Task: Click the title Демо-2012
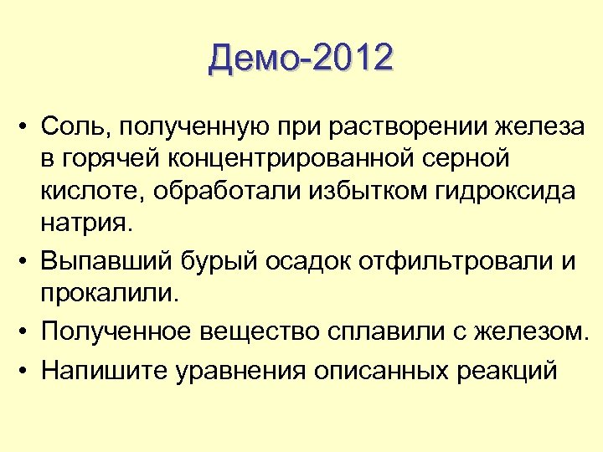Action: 301,59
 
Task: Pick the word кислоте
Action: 87,192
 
